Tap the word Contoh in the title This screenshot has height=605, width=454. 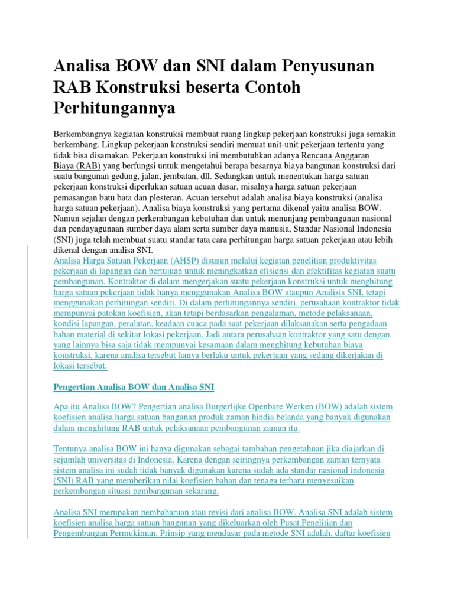pos(269,87)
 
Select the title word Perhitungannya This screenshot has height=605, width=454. pos(115,109)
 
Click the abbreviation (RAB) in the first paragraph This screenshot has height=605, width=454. pos(86,167)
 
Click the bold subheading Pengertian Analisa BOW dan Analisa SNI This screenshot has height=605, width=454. pos(134,387)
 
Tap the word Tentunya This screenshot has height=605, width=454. pos(71,449)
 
